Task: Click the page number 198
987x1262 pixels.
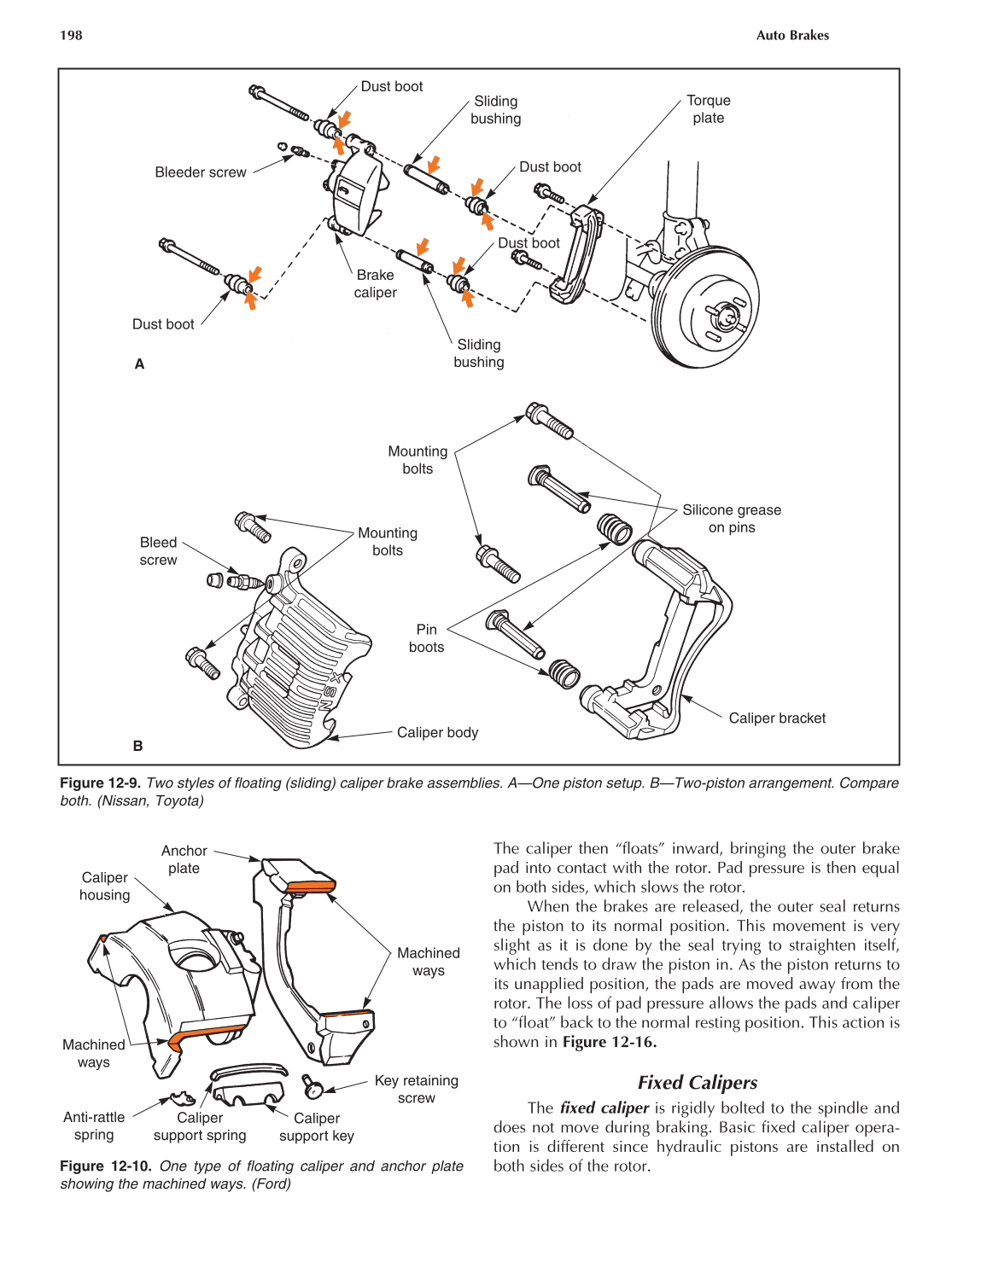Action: pyautogui.click(x=71, y=35)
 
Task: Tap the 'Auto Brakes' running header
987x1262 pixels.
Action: pyautogui.click(x=791, y=35)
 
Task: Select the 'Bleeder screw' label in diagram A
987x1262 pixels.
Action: pyautogui.click(x=200, y=172)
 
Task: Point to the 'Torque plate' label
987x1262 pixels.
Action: pyautogui.click(x=708, y=109)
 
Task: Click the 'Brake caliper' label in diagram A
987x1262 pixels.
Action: pyautogui.click(x=375, y=283)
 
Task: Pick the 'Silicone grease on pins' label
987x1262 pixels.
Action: pyautogui.click(x=731, y=518)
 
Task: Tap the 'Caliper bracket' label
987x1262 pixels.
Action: pyautogui.click(x=776, y=718)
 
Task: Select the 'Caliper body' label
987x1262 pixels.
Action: pyautogui.click(x=437, y=732)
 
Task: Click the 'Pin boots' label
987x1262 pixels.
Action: pyautogui.click(x=426, y=638)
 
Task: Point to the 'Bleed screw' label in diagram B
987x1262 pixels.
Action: pyautogui.click(x=158, y=551)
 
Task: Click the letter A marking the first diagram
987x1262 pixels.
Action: pyautogui.click(x=139, y=363)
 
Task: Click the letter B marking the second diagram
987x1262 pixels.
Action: pyautogui.click(x=138, y=746)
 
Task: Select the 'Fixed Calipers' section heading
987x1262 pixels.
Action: pyautogui.click(x=697, y=1082)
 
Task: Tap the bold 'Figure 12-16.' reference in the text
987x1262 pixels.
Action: pyautogui.click(x=609, y=1042)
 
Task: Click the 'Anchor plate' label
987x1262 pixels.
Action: pyautogui.click(x=184, y=859)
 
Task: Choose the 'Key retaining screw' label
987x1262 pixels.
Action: pyautogui.click(x=416, y=1089)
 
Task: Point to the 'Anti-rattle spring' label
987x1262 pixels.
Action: pyautogui.click(x=94, y=1125)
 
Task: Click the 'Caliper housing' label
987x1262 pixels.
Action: pyautogui.click(x=104, y=886)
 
